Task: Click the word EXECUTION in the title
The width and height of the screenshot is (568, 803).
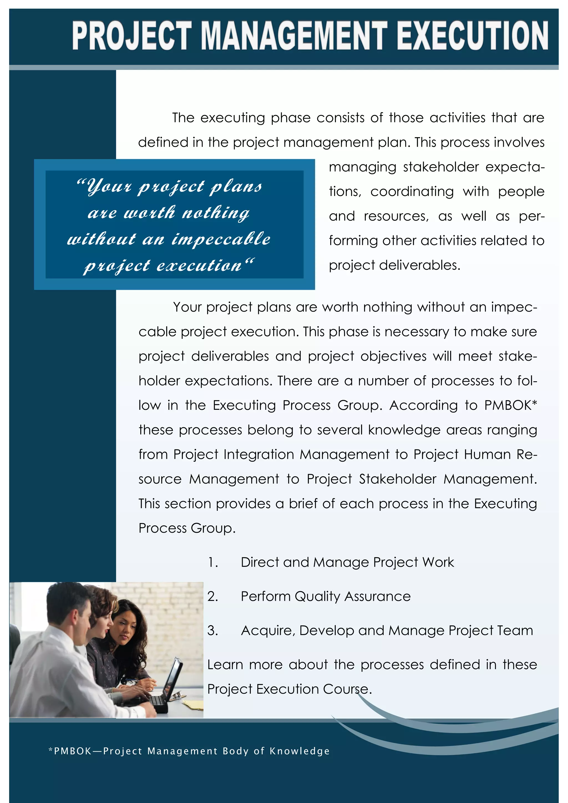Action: coord(473,35)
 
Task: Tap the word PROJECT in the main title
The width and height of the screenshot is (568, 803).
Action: coord(132,35)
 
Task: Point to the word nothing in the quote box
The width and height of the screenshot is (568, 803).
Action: coord(216,213)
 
